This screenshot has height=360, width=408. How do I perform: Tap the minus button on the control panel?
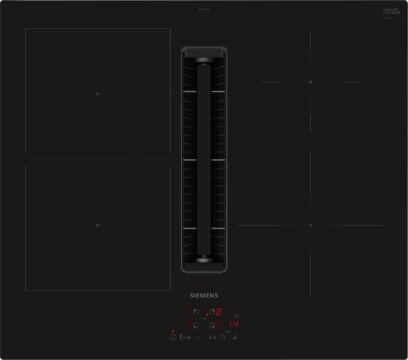click(x=198, y=337)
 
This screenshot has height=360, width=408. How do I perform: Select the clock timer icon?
click(x=222, y=337)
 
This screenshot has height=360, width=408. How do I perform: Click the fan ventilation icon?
click(x=235, y=337)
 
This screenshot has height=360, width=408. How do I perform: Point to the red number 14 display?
click(x=232, y=325)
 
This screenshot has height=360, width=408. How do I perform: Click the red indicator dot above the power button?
click(x=173, y=331)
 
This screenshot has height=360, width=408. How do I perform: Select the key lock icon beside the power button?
click(x=184, y=337)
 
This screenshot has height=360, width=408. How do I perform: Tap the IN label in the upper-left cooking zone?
click(x=97, y=95)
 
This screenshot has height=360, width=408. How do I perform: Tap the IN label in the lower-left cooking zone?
click(x=97, y=225)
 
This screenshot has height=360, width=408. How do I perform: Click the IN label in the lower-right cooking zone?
click(x=310, y=225)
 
